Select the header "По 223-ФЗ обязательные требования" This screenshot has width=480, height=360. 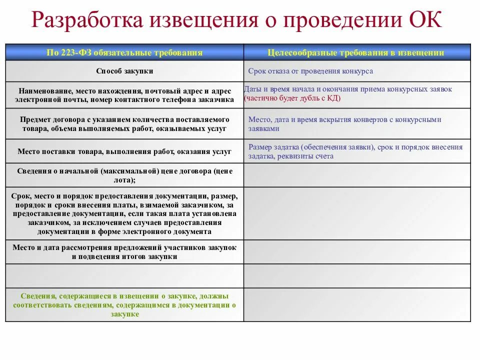coord(124,52)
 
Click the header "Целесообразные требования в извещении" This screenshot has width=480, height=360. coord(356,52)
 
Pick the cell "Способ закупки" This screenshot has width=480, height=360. coord(124,71)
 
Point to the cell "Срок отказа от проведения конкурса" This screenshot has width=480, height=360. coord(310,71)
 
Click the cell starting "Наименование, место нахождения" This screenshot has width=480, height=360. coord(124,95)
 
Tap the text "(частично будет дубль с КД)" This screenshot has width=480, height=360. coord(292,98)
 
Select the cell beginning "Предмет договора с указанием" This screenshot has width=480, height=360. coord(124,124)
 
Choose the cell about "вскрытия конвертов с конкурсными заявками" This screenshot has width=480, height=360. coord(345,124)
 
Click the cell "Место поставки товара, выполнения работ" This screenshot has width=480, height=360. coord(124,151)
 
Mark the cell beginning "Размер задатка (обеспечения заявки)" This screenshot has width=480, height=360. coord(355,151)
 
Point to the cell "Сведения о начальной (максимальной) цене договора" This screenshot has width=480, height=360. coord(124,175)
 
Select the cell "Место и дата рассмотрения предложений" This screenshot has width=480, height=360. coord(124,252)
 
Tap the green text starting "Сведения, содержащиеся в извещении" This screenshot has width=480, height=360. coord(124,305)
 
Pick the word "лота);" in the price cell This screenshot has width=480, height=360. coord(125,179)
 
